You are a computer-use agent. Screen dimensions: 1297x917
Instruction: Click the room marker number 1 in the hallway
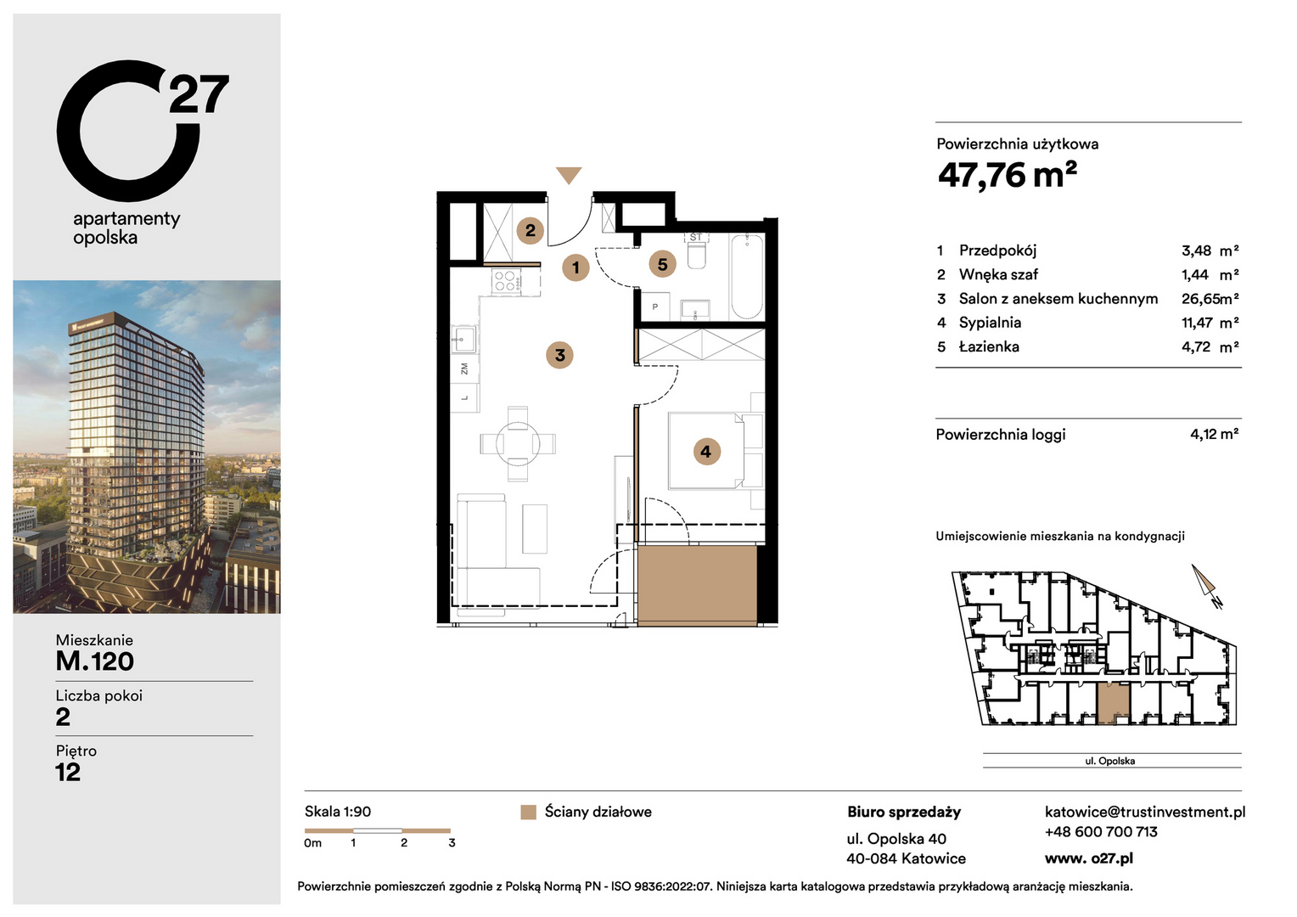(576, 267)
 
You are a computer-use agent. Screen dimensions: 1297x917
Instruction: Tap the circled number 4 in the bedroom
(706, 451)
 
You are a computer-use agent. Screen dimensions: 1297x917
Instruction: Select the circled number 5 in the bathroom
(662, 265)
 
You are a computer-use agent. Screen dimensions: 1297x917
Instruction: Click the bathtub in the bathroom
(747, 276)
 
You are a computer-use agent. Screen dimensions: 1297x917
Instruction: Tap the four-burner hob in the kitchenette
(505, 281)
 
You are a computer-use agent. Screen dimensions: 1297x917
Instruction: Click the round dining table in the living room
(518, 444)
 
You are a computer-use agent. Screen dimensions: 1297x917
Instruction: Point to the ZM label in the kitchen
(464, 368)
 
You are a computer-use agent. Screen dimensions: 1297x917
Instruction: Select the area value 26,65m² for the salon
(1210, 298)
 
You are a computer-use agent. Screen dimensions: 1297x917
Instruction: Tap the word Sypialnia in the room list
(990, 323)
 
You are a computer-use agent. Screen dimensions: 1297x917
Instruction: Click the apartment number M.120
(95, 661)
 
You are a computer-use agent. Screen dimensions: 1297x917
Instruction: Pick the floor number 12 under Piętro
(68, 772)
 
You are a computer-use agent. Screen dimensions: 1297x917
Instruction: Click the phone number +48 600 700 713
(1101, 832)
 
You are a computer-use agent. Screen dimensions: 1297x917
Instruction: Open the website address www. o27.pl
(1088, 858)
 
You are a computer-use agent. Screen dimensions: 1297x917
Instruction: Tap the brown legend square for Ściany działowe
(528, 813)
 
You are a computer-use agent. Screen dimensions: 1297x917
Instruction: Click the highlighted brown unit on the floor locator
(1114, 702)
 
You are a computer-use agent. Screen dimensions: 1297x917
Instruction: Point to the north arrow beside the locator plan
(1204, 581)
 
